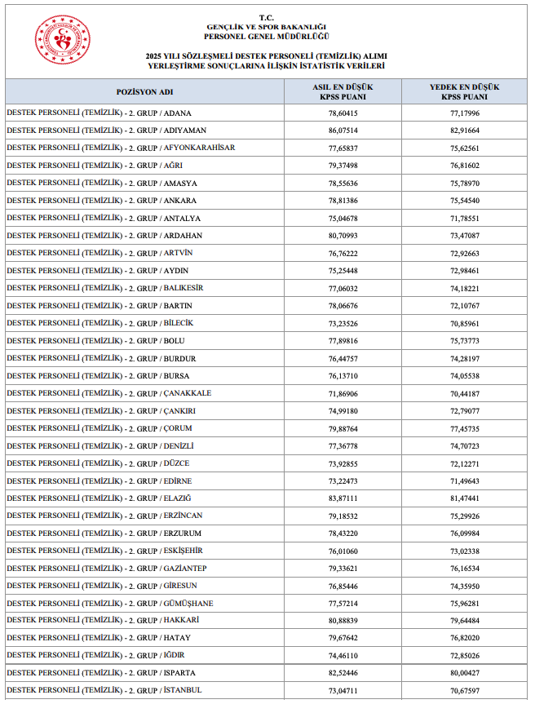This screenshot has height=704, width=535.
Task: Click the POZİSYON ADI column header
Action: click(x=145, y=91)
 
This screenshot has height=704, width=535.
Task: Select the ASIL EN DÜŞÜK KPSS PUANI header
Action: click(x=343, y=91)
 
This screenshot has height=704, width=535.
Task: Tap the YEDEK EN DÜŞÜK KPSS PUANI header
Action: click(x=465, y=91)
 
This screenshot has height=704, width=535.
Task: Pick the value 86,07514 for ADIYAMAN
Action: click(x=343, y=131)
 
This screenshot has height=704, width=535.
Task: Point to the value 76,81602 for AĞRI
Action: click(x=465, y=166)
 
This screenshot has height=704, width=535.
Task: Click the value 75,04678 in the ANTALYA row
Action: click(x=343, y=219)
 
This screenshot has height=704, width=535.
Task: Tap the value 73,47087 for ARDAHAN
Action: click(x=465, y=236)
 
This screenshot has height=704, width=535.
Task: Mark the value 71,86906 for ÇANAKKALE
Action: click(x=343, y=393)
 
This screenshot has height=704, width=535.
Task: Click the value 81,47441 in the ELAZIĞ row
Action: click(x=465, y=498)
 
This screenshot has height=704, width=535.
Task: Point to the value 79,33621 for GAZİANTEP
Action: click(x=343, y=569)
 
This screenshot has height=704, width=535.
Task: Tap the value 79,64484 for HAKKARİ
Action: click(x=465, y=621)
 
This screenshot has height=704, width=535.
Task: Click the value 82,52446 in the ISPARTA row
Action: click(x=343, y=673)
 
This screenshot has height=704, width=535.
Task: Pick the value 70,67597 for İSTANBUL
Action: click(x=465, y=691)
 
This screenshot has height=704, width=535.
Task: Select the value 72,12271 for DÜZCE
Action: click(x=465, y=463)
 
